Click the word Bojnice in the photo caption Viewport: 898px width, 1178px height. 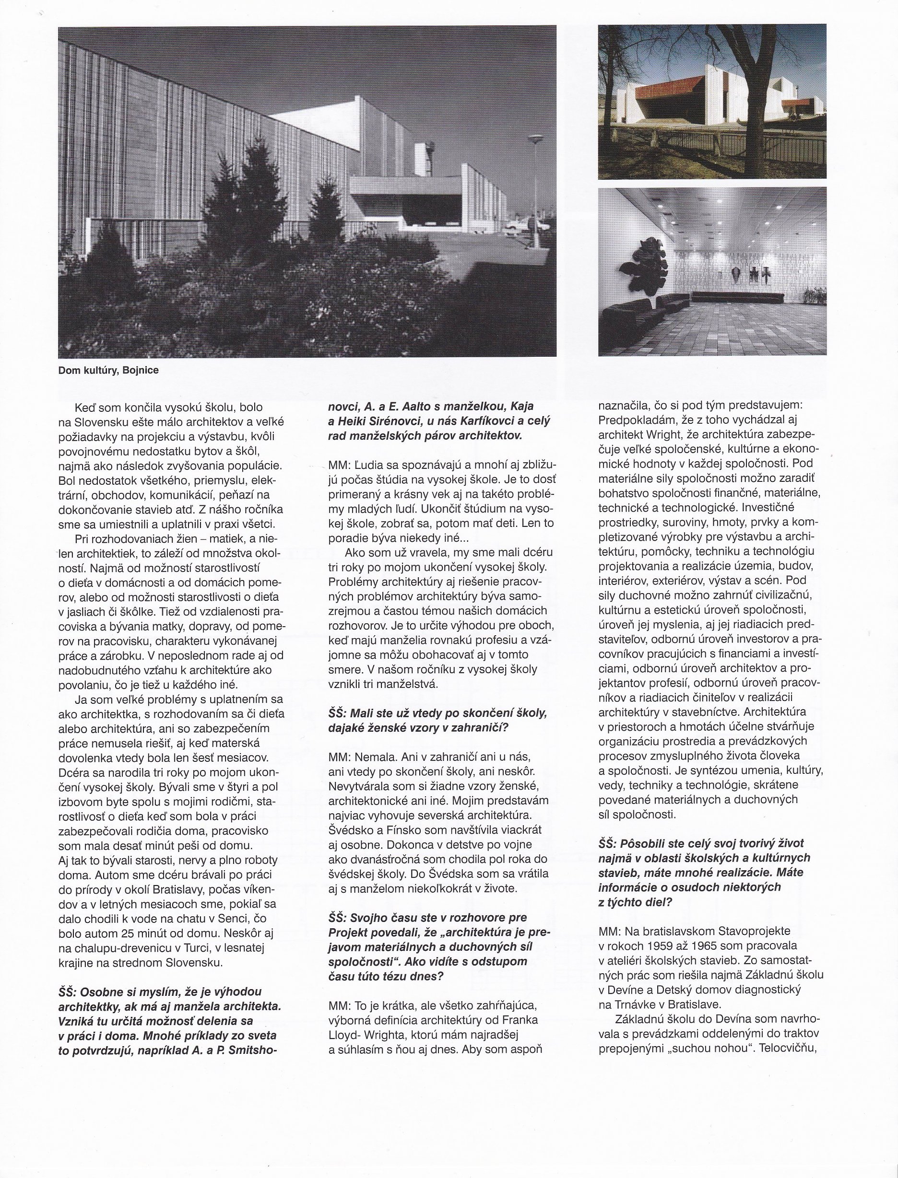(x=141, y=370)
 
